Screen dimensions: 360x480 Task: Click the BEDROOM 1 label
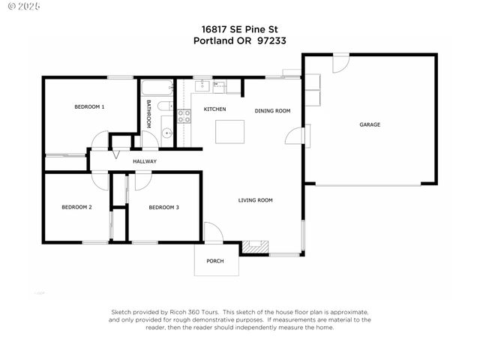(89, 106)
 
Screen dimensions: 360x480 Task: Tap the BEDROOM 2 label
(76, 206)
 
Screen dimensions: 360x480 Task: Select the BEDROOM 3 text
(163, 206)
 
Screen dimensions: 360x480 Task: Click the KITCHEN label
(215, 109)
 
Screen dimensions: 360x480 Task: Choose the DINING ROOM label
(272, 111)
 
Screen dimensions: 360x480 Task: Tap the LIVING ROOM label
(255, 200)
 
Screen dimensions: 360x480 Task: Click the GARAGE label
(370, 124)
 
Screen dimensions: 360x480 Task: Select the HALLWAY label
(145, 161)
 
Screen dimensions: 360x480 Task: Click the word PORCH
(215, 260)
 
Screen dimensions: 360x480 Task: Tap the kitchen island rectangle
(230, 130)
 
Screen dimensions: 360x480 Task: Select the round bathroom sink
(166, 135)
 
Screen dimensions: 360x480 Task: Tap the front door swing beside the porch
(213, 233)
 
